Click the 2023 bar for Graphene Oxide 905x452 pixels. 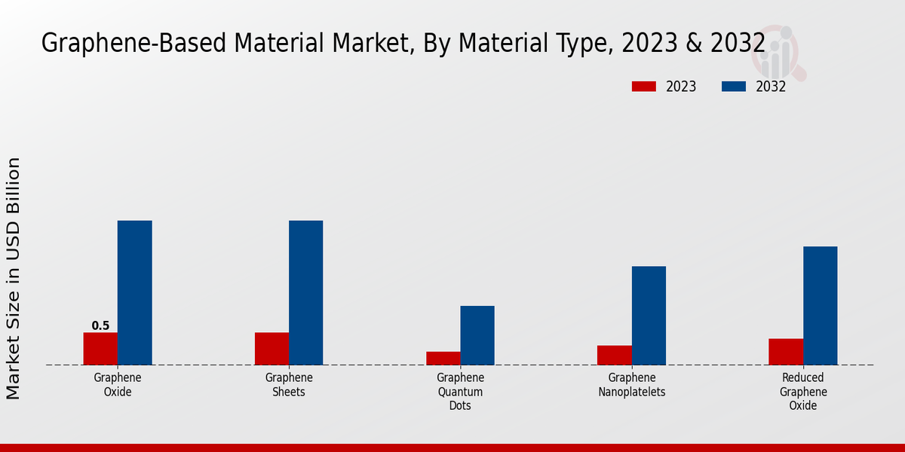point(100,349)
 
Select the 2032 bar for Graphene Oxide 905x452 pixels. point(135,293)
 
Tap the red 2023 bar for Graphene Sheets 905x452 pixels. point(271,349)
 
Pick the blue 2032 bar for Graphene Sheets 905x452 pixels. point(306,293)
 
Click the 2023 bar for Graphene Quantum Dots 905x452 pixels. point(443,359)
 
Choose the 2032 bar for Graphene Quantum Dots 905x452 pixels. point(477,335)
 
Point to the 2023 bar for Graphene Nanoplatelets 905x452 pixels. point(615,356)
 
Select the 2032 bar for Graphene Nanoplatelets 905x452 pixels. point(649,316)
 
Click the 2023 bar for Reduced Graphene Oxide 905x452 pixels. point(786,352)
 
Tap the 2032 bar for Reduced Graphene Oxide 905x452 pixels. point(820,306)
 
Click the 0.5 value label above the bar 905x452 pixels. point(100,326)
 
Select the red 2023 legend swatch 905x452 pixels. point(643,87)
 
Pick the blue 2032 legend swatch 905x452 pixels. point(734,87)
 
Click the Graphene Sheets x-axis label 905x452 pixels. point(289,385)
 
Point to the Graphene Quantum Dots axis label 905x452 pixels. point(460,392)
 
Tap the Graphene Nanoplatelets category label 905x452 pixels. point(632,385)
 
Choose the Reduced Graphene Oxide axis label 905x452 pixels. point(803,392)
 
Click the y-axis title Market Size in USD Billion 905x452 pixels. point(14,279)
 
